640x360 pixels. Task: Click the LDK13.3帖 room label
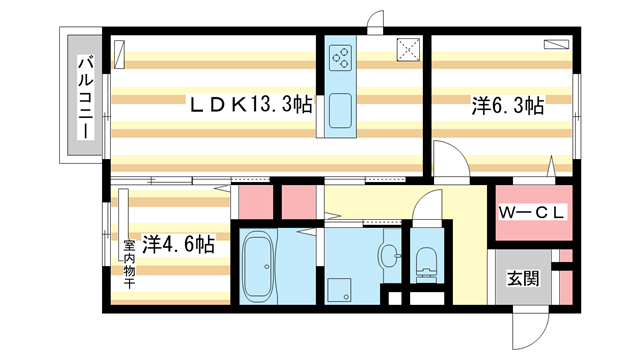tap(251, 104)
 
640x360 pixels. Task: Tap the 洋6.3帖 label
tap(508, 106)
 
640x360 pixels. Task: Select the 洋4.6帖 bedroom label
tap(178, 245)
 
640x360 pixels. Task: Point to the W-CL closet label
tap(531, 212)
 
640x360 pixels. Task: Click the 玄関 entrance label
tap(523, 278)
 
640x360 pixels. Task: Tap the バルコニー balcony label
tap(86, 98)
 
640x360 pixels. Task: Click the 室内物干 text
tap(129, 264)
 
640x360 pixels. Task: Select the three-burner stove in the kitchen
tap(341, 58)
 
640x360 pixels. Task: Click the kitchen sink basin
tap(340, 110)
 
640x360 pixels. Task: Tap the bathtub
tap(258, 267)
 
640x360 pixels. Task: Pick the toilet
tap(427, 265)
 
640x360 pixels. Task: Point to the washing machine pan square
tap(338, 291)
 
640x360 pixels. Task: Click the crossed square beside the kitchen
tap(409, 50)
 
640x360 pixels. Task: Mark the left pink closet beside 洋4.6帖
tap(256, 202)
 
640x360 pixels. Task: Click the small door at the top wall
tap(376, 22)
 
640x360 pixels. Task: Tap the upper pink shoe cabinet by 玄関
tap(566, 256)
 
